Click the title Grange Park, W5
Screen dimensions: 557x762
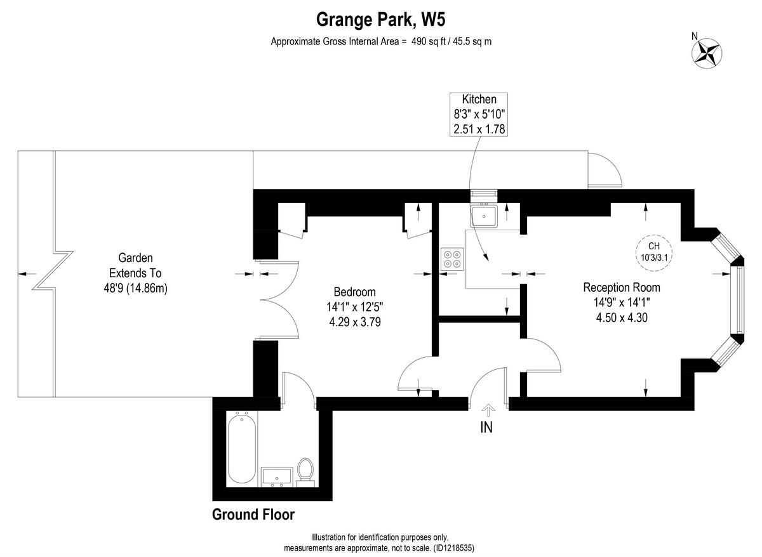tap(380, 20)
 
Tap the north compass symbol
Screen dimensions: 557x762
tap(706, 52)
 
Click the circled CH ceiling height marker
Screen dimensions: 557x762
tap(653, 252)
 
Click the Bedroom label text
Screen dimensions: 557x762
tap(354, 292)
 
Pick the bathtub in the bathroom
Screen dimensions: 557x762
tap(242, 449)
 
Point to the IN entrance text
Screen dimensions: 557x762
tap(486, 428)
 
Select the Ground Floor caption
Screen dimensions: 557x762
tap(253, 514)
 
